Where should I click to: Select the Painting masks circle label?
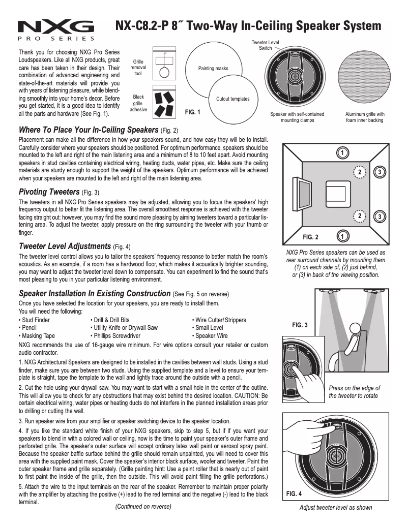pyautogui.click(x=213, y=68)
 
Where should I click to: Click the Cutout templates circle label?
pyautogui.click(x=233, y=99)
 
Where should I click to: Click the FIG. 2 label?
pyautogui.click(x=310, y=237)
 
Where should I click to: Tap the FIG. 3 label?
pyautogui.click(x=300, y=324)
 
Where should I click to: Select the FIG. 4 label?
pyautogui.click(x=295, y=493)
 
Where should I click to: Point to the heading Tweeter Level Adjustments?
pyautogui.click(x=65, y=246)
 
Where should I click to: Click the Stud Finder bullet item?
pyautogui.click(x=34, y=320)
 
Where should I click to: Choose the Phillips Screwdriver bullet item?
pyautogui.click(x=114, y=336)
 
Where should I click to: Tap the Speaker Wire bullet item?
pyautogui.click(x=210, y=336)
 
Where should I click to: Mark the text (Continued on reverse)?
pyautogui.click(x=143, y=507)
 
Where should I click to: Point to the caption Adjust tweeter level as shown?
pyautogui.click(x=336, y=507)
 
